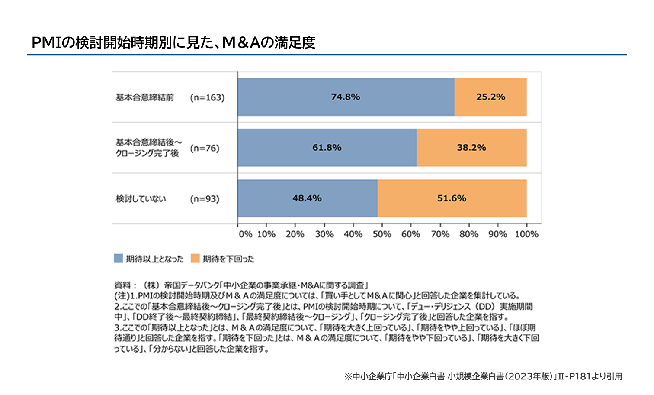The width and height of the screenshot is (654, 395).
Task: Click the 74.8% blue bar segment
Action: pos(346,97)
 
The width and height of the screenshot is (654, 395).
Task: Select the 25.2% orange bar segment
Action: pos(490,97)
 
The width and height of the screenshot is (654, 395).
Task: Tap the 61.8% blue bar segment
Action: pos(327,148)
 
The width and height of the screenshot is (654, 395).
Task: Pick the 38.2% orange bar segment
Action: pos(471,148)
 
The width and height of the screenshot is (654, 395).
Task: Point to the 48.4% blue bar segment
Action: pos(307,198)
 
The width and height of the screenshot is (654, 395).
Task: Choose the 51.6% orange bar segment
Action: pos(452,198)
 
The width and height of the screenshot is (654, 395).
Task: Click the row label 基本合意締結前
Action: pos(144,97)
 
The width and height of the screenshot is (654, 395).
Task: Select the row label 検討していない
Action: pos(141,199)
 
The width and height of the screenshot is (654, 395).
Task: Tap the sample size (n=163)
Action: pos(207,97)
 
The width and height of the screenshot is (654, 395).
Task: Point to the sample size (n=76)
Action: pos(205,148)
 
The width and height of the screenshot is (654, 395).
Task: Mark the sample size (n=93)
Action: pos(205,199)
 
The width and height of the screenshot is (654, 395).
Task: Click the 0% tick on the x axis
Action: pos(245,234)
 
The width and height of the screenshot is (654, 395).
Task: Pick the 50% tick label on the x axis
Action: pos(382,234)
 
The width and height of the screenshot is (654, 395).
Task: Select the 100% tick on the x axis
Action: pos(526,234)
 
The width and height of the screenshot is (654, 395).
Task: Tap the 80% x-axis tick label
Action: pos(469,234)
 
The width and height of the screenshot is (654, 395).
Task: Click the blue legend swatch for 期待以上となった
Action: pos(118,259)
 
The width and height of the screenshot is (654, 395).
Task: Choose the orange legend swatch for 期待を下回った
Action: pos(195,259)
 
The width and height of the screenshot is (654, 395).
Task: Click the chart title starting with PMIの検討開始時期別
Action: pos(173,42)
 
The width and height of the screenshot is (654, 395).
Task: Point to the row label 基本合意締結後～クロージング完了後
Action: pos(148,148)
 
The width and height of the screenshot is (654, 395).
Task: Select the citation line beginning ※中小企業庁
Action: pos(483,376)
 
